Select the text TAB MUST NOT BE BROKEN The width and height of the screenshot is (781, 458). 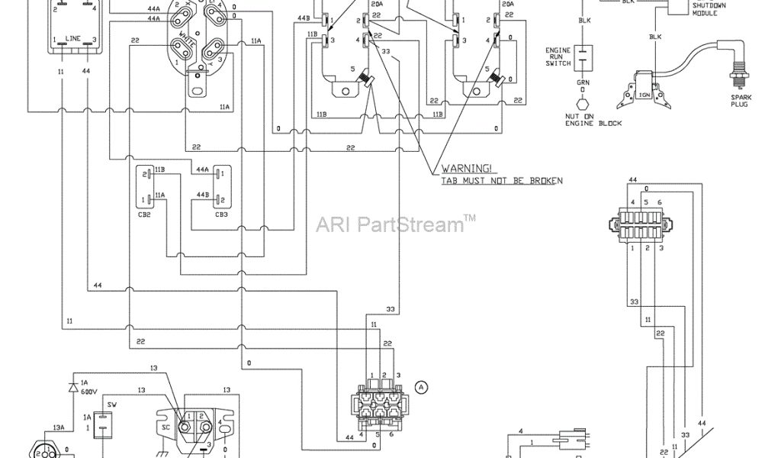[x=501, y=180]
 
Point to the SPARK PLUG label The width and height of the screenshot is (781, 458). [x=738, y=101]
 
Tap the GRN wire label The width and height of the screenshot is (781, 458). [x=583, y=82]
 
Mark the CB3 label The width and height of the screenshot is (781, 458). [x=221, y=214]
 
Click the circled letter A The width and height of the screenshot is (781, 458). [x=421, y=387]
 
